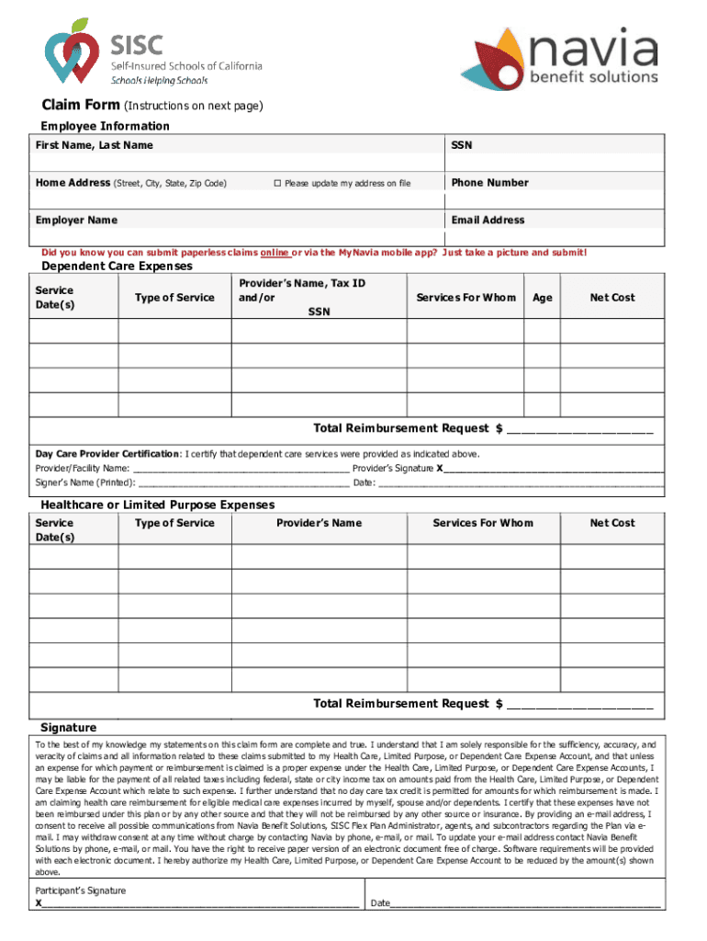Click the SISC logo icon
tap(72, 51)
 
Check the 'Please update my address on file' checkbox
tap(276, 184)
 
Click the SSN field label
tap(462, 145)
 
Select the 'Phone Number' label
tap(489, 183)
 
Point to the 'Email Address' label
tap(488, 221)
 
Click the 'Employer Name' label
tap(76, 221)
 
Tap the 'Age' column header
tap(542, 298)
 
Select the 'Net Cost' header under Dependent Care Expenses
tap(612, 298)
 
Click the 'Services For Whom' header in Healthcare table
tap(482, 524)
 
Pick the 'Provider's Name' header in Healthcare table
tap(319, 524)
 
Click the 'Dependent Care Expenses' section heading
tap(117, 266)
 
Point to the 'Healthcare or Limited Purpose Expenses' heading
tap(157, 505)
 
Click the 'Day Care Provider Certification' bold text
tap(107, 454)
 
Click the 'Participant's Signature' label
tap(81, 891)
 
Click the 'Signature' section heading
tap(68, 727)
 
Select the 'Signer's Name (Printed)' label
tap(85, 483)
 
